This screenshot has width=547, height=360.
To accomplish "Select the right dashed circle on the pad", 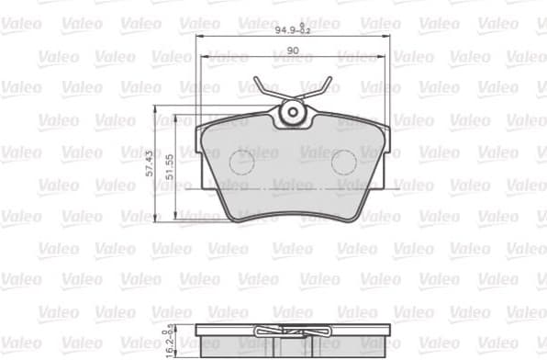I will click(x=343, y=163).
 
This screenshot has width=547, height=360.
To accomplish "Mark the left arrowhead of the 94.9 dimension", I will click(x=199, y=38).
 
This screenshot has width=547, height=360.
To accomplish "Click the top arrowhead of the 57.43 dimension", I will click(x=157, y=117).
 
